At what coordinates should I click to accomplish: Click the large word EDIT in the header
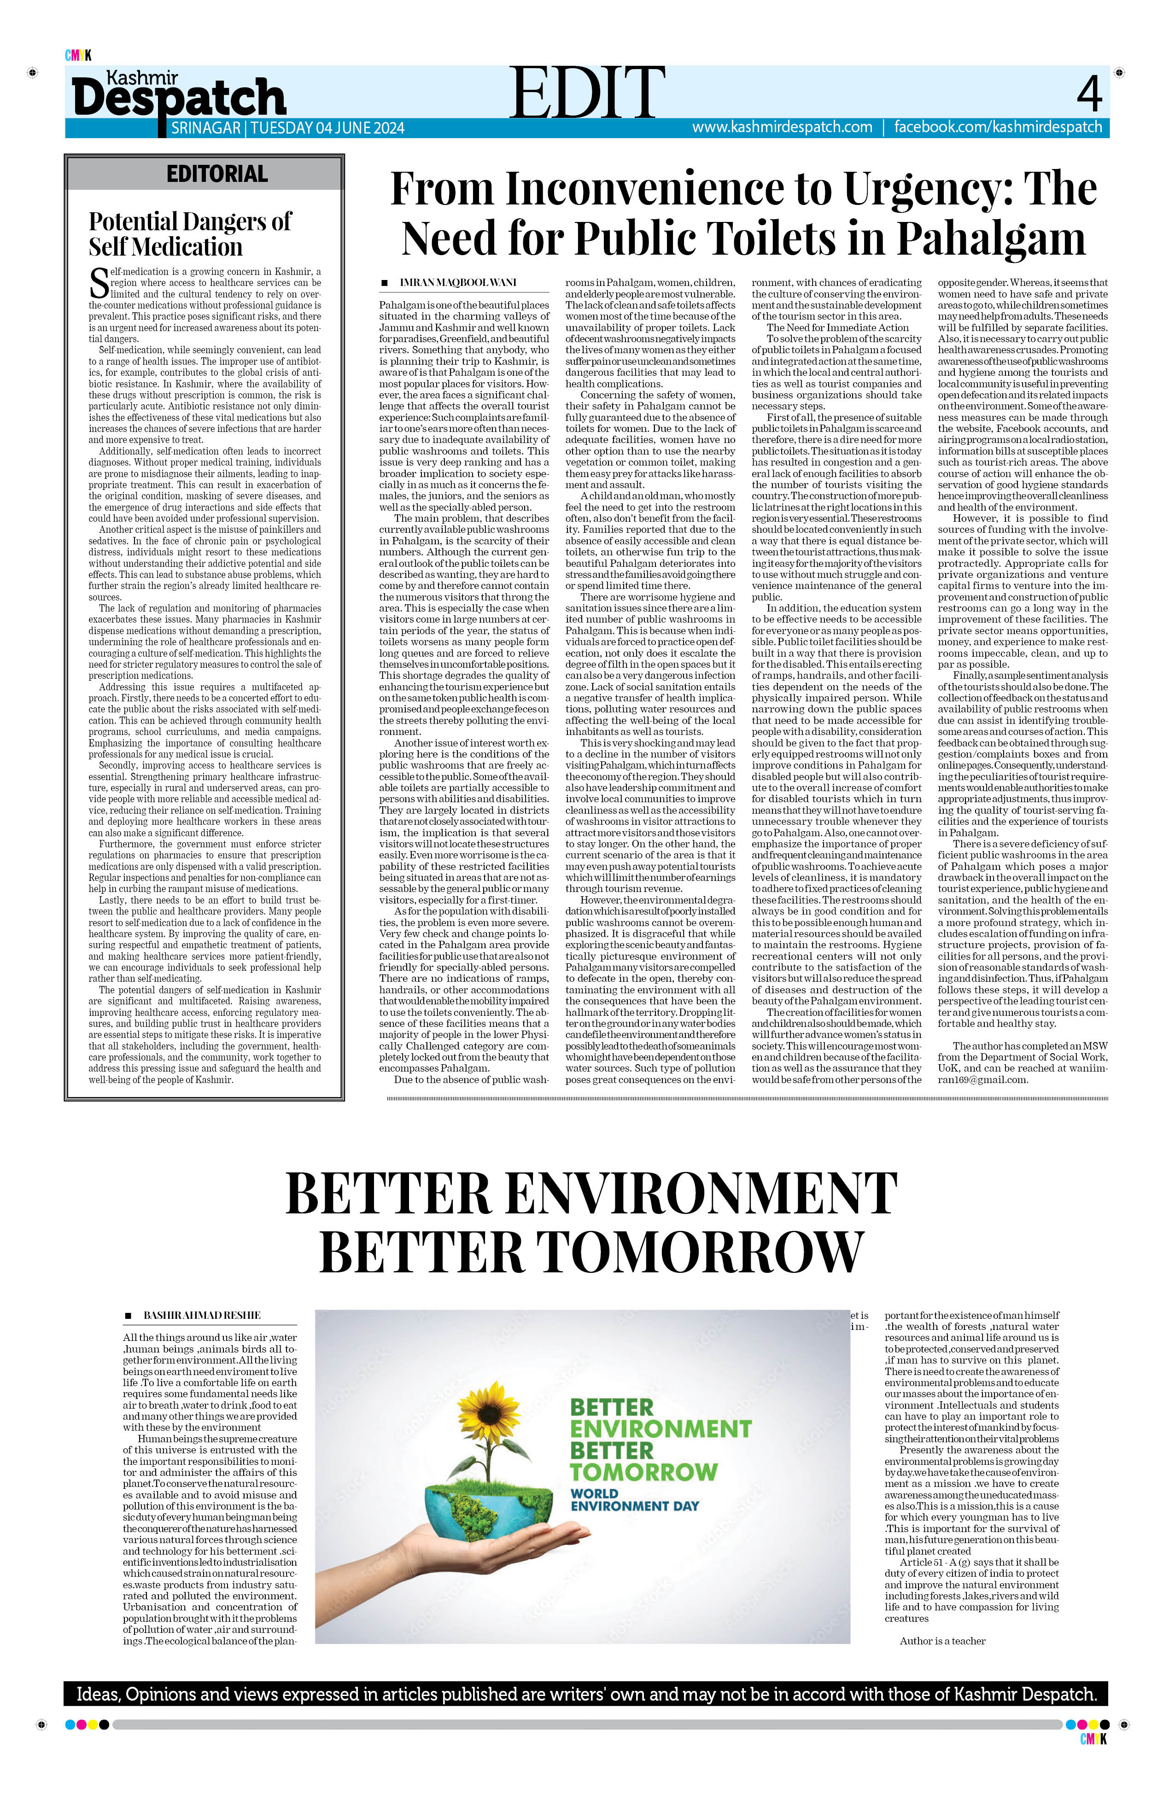[587, 92]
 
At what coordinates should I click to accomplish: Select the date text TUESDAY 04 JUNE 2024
[327, 128]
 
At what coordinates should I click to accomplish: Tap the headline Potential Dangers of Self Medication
[189, 234]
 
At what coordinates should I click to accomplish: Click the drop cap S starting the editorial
[99, 284]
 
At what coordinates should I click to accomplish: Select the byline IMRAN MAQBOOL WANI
[458, 282]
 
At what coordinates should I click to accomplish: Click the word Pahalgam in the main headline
[990, 239]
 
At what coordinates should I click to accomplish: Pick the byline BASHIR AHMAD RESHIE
[202, 1315]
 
